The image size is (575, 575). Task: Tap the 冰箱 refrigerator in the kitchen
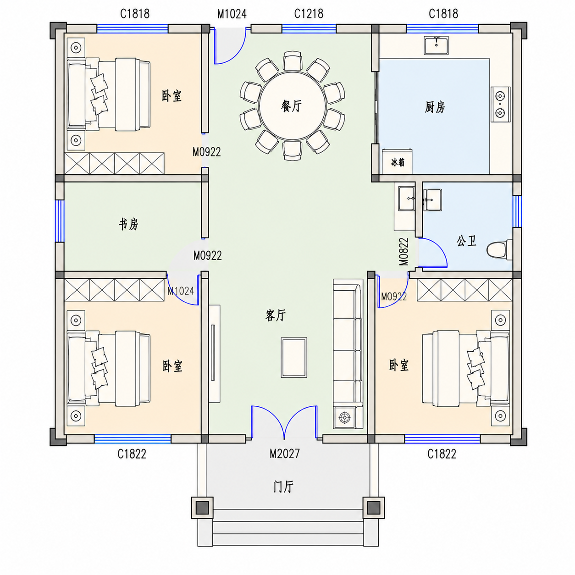[x=397, y=161]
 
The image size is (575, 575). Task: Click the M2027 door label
[x=284, y=454]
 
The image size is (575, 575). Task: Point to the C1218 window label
[x=309, y=14]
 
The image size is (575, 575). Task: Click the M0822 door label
[x=404, y=252]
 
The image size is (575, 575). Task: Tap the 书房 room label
[x=128, y=224]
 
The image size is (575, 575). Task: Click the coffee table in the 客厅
[x=294, y=358]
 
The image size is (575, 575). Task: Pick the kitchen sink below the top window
[x=436, y=45]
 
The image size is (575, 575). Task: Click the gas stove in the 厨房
[x=500, y=104]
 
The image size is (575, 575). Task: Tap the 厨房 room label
[x=435, y=107]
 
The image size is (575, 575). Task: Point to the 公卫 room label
[x=466, y=241]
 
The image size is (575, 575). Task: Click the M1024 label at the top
[x=232, y=14]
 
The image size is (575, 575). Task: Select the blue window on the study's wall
[x=60, y=221]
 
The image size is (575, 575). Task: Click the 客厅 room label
[x=275, y=315]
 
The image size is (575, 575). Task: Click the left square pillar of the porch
[x=202, y=508]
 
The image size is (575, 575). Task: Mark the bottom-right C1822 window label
[x=442, y=454]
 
